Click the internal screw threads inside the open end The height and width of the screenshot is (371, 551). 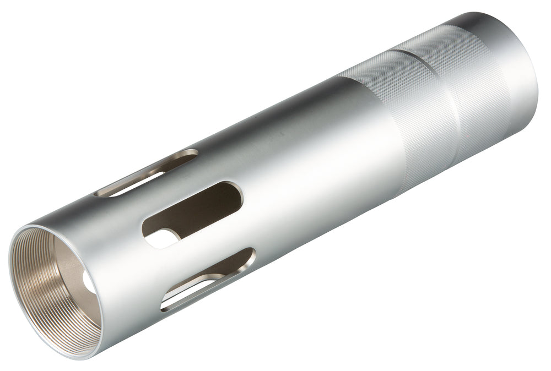point(33,286)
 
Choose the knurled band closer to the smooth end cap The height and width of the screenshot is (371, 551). point(468,88)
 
